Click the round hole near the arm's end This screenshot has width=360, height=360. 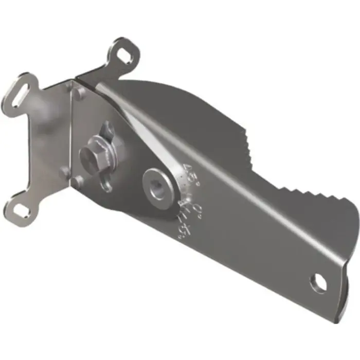[x=318, y=281]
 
